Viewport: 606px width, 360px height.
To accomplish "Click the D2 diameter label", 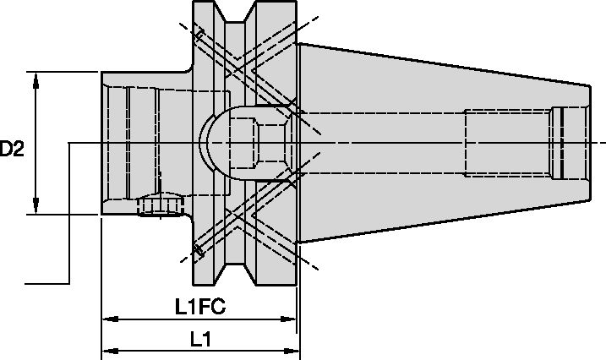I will [13, 150].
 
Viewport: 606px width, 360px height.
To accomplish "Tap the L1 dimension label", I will [199, 340].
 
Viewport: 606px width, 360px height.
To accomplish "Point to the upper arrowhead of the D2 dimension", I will [36, 79].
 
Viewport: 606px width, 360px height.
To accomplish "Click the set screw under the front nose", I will [160, 205].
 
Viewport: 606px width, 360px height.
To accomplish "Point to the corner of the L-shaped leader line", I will [68, 282].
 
